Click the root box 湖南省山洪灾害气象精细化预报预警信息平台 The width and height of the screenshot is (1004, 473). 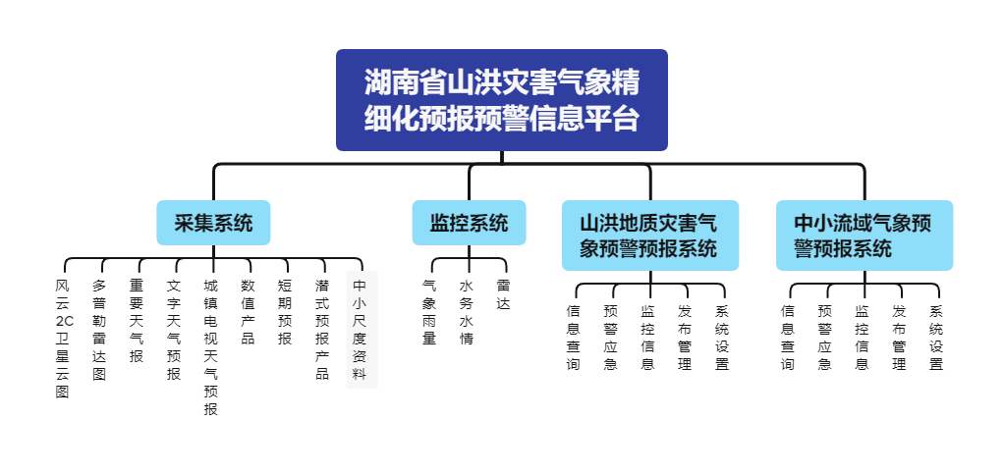501,100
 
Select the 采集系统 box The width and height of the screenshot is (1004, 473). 213,223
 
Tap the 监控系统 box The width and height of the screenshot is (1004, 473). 469,223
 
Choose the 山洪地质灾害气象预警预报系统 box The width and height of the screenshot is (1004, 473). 649,236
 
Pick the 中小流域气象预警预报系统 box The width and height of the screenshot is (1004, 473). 864,236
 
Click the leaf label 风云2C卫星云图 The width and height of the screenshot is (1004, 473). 64,339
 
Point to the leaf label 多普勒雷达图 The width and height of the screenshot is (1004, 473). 99,330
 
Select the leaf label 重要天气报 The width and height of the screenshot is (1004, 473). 137,321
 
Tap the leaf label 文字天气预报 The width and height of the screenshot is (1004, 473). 174,330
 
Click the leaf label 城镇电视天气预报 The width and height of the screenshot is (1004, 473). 210,347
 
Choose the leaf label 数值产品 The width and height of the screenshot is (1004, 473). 248,312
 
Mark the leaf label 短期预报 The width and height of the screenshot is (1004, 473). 284,312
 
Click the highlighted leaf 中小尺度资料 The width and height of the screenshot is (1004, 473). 360,330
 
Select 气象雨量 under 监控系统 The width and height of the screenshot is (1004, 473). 429,312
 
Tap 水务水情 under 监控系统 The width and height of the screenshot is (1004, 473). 467,312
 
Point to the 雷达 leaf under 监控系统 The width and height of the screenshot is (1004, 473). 503,294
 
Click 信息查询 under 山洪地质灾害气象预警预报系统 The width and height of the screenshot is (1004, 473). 574,338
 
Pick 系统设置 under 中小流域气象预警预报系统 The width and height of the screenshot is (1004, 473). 936,338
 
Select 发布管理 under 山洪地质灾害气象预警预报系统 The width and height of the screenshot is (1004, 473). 685,338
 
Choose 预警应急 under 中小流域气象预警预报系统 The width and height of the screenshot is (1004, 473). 824,338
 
